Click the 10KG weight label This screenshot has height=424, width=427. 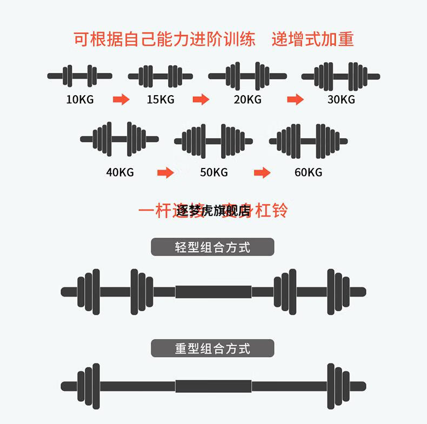79,99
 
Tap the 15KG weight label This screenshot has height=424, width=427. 161,99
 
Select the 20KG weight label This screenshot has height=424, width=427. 248,99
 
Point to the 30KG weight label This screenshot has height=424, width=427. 341,99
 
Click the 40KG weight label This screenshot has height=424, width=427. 120,172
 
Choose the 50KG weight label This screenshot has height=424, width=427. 214,172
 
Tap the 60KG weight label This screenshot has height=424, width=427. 308,172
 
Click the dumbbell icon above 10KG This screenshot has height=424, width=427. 79,76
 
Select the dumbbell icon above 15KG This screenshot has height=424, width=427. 161,76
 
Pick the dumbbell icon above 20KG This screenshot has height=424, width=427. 248,76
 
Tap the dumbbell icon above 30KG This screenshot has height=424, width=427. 341,76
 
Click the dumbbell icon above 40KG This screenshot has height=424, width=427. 119,139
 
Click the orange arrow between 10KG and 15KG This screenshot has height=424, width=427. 121,99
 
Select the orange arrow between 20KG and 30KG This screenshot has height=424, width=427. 295,99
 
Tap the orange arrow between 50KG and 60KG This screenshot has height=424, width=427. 262,172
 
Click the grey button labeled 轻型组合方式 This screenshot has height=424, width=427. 212,247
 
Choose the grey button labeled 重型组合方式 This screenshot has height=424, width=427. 212,348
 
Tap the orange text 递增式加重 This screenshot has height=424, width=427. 313,39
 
